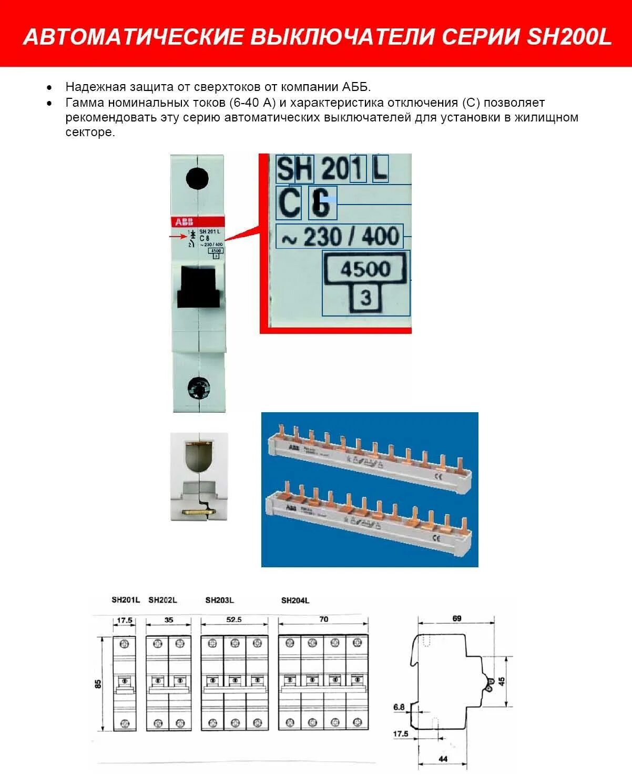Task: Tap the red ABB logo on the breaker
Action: pyautogui.click(x=184, y=222)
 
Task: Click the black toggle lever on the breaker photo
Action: pyautogui.click(x=198, y=286)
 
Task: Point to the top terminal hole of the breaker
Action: pyautogui.click(x=197, y=178)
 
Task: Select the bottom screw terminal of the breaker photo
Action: pyautogui.click(x=199, y=389)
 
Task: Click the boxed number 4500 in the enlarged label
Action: pyautogui.click(x=365, y=269)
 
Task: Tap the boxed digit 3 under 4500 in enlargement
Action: pyautogui.click(x=365, y=299)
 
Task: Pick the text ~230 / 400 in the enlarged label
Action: pyautogui.click(x=340, y=237)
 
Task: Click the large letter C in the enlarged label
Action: pyautogui.click(x=289, y=203)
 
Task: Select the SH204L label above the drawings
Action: pyautogui.click(x=295, y=600)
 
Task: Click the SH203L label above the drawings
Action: pyautogui.click(x=219, y=600)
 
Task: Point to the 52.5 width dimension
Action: pyautogui.click(x=234, y=620)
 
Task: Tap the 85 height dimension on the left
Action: pyautogui.click(x=98, y=684)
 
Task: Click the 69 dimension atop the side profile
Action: pyautogui.click(x=456, y=618)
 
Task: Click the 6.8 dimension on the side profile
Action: pyautogui.click(x=399, y=707)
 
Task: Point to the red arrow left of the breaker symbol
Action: pyautogui.click(x=177, y=237)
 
